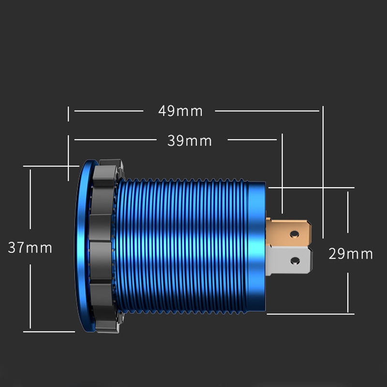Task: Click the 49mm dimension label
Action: [180, 111]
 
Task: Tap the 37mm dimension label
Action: [30, 248]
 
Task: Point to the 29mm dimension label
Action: [351, 253]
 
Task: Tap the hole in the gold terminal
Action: [294, 234]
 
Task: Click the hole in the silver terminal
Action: [294, 262]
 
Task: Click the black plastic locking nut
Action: [105, 247]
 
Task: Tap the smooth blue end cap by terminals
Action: [256, 247]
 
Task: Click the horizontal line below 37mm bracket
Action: [48, 331]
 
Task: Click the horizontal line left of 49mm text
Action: [109, 111]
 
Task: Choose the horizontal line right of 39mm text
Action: [252, 140]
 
